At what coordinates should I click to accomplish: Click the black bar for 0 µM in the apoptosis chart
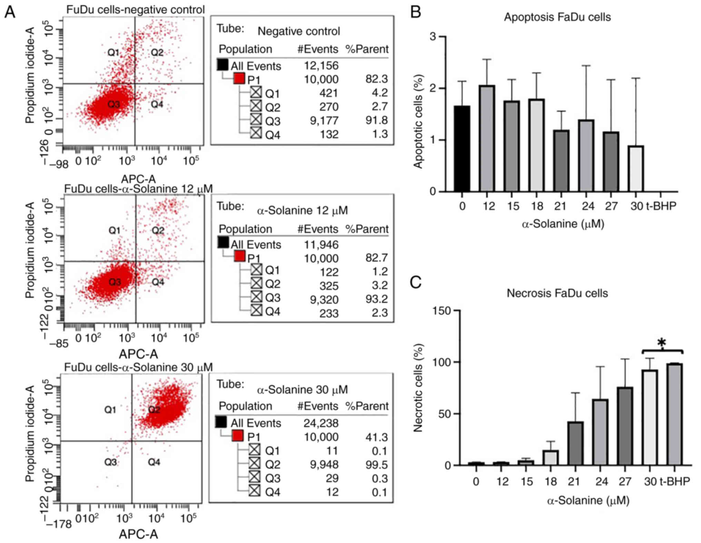[x=462, y=149]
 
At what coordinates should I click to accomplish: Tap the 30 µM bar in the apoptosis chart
[x=636, y=169]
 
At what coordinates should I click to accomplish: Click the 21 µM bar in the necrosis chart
[x=575, y=443]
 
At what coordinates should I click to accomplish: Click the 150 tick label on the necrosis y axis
[x=442, y=311]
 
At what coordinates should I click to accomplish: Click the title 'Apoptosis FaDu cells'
[x=557, y=17]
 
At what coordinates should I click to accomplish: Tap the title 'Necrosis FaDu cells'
[x=557, y=293]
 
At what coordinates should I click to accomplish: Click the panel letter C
[x=416, y=282]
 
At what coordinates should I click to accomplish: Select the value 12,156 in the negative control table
[x=321, y=66]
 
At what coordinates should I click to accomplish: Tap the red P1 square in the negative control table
[x=239, y=79]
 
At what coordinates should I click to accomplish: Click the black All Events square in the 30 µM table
[x=221, y=422]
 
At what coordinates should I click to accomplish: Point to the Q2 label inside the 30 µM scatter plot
[x=154, y=410]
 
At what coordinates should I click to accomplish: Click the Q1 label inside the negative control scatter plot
[x=113, y=53]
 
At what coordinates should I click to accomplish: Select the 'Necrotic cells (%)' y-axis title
[x=418, y=388]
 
